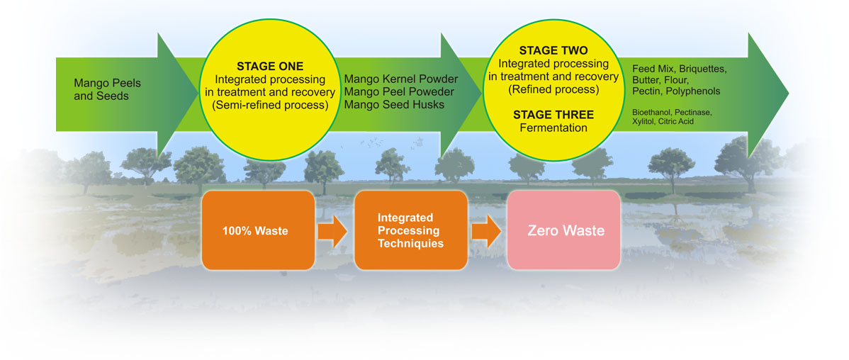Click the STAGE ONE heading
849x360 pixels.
tap(269, 67)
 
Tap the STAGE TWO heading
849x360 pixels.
tap(553, 50)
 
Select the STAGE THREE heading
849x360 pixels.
tap(553, 115)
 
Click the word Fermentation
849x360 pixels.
tap(553, 128)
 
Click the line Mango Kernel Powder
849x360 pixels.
tap(400, 79)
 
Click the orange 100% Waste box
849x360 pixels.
tap(257, 230)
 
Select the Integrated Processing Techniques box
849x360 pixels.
tap(410, 230)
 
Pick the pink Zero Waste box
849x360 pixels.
tap(563, 230)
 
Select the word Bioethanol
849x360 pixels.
tap(652, 112)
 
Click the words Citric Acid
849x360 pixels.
tap(677, 122)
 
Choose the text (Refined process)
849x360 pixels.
tap(553, 90)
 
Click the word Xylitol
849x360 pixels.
tap(643, 122)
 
